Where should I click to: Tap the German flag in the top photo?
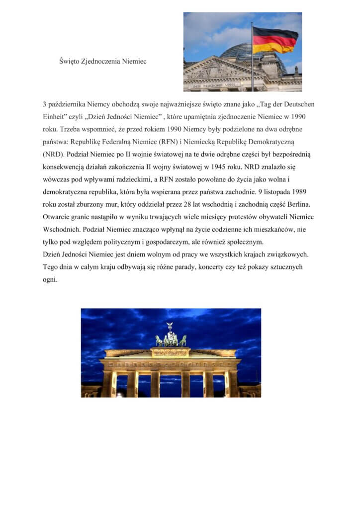click(x=275, y=39)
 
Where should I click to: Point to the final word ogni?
click(x=50, y=279)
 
